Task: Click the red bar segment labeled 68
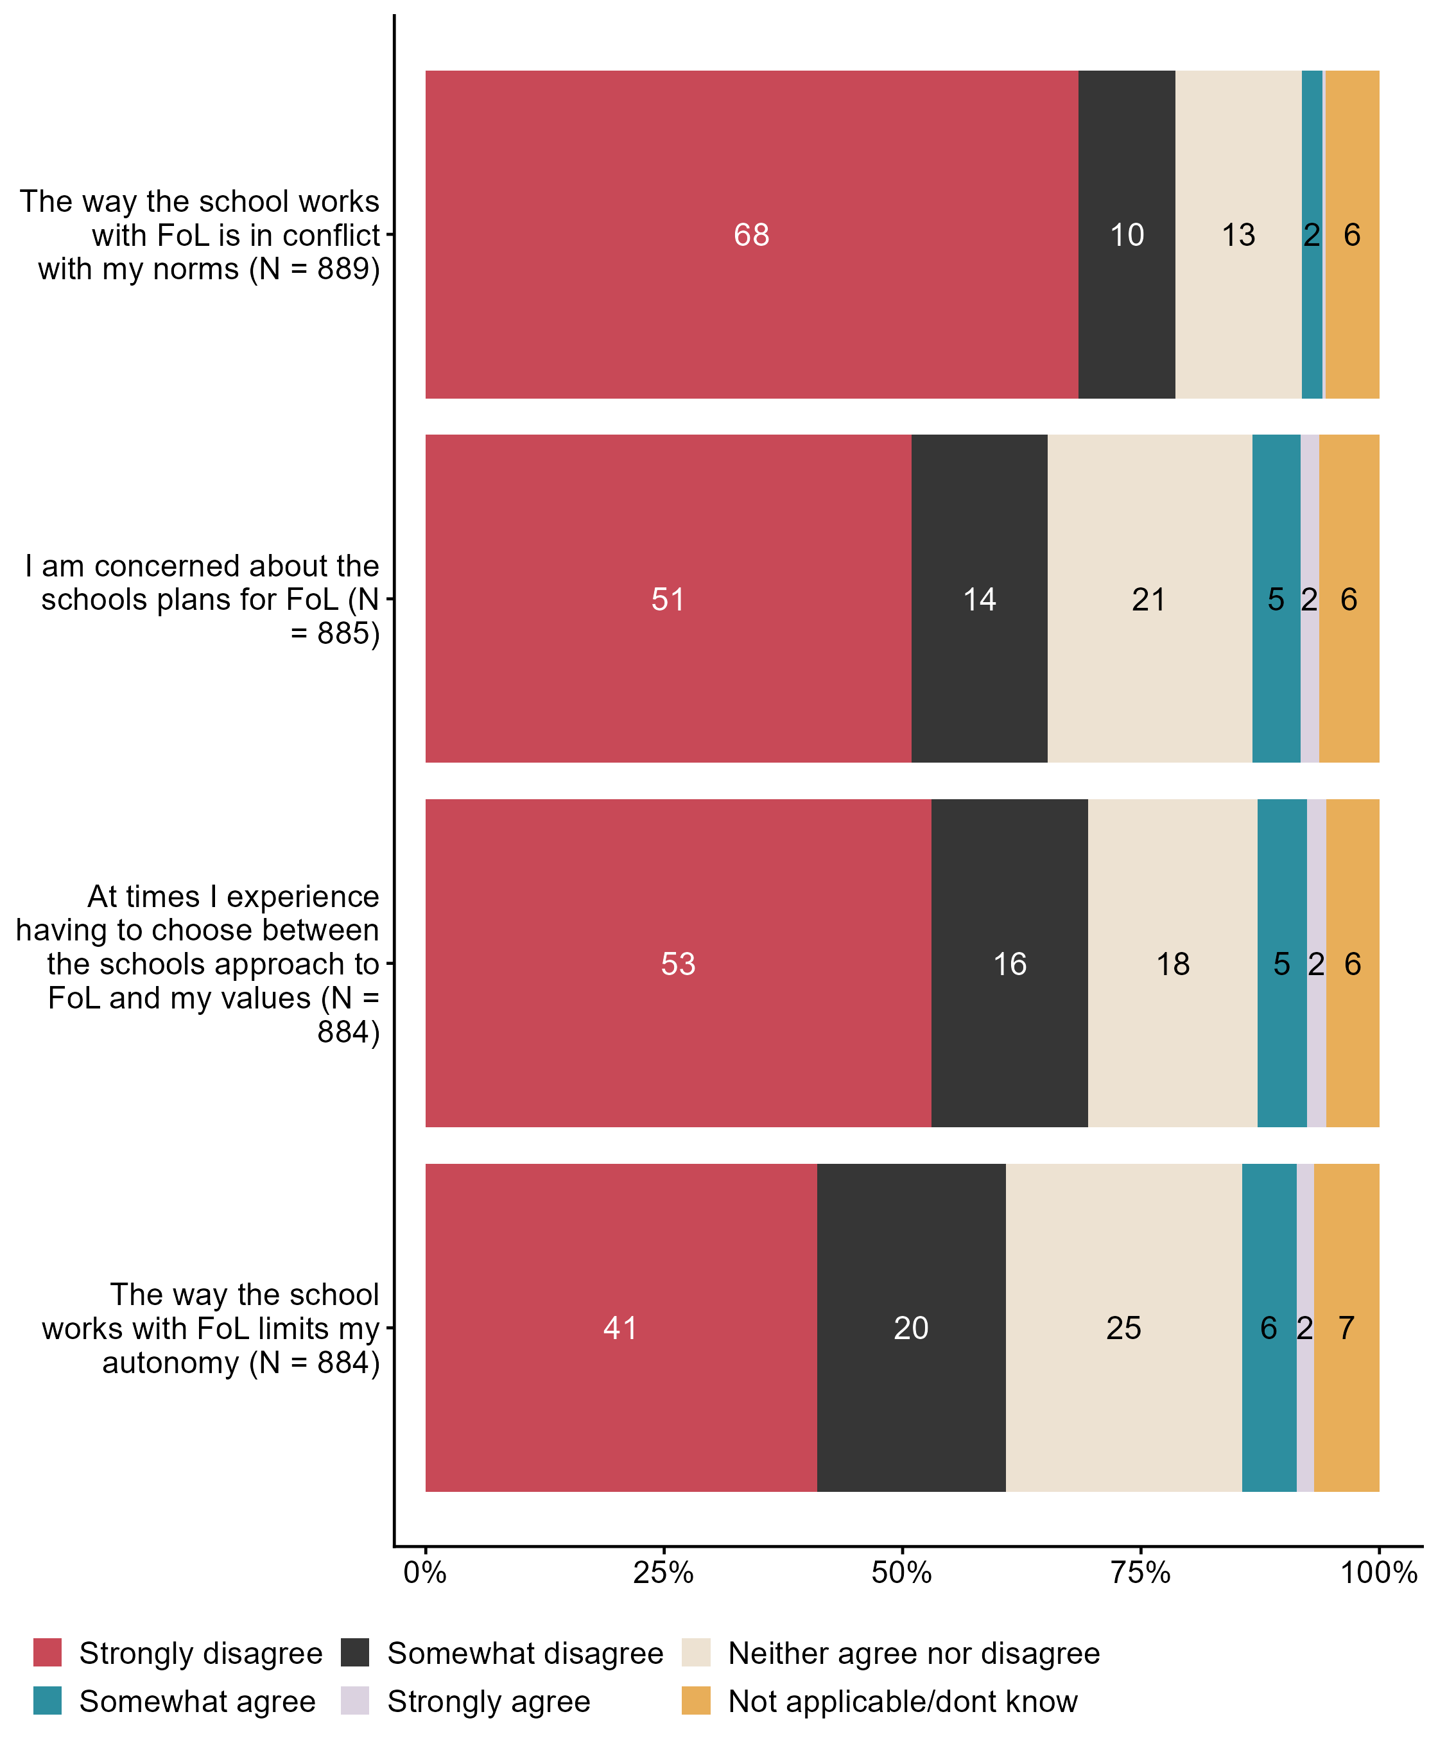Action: tap(751, 234)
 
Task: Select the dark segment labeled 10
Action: tap(1127, 234)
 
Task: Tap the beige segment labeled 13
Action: tap(1238, 234)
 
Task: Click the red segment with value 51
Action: tap(668, 598)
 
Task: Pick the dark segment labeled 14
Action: tap(979, 598)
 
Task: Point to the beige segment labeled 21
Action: tap(1149, 598)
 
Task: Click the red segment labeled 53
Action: tap(677, 963)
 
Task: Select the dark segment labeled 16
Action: tap(1009, 963)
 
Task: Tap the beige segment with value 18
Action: tap(1172, 963)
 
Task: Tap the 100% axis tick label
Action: tap(1378, 1572)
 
